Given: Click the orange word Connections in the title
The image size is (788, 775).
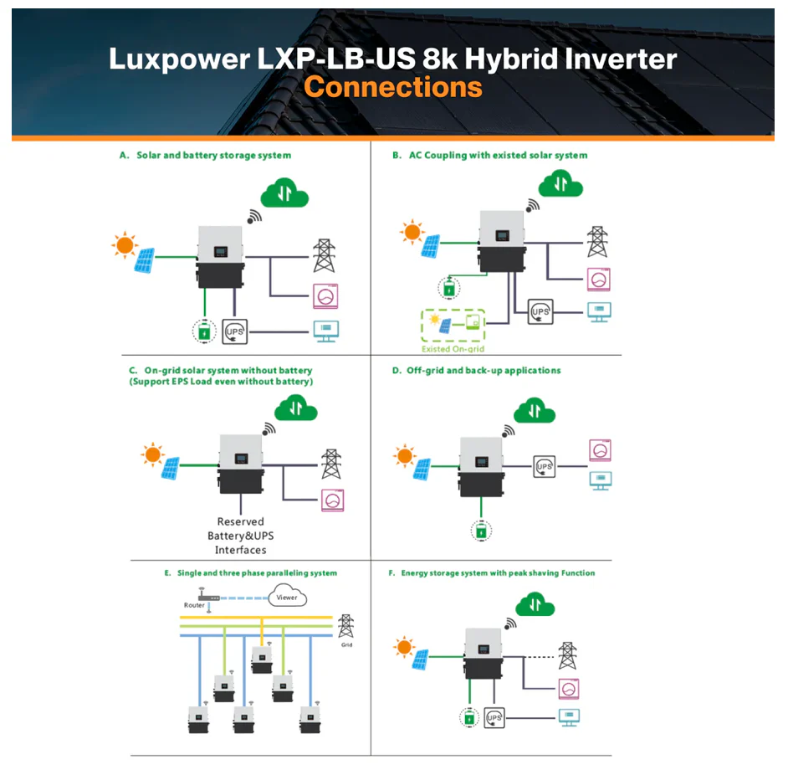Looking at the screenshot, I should pos(392,87).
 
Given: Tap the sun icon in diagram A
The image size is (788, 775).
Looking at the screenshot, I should pos(125,245).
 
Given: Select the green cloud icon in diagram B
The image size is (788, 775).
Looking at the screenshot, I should pos(560,183).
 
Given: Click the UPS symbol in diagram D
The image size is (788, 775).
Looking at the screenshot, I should pos(545,465).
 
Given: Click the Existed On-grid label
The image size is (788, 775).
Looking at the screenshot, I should pos(453,348).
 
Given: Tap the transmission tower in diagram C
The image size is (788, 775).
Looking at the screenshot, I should pos(332,464).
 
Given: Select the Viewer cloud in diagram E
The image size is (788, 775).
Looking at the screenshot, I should pos(286,598).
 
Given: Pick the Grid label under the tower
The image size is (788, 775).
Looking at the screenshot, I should pos(345,646).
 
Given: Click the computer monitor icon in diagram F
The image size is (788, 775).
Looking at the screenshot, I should pos(569,717).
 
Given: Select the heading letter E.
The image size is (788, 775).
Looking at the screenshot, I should pos(167,573).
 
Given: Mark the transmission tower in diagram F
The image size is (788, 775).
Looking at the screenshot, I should pos(568,655).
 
